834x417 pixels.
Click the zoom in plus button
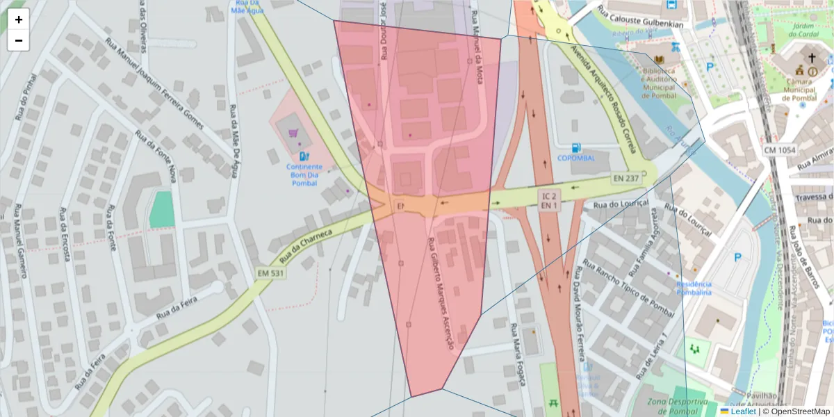pos(19,19)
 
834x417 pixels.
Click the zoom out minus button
pos(19,40)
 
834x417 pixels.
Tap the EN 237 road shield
pos(626,178)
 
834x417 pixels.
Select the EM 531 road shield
pos(270,273)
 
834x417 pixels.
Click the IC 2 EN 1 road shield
pos(548,201)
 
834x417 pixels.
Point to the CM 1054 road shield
pos(779,150)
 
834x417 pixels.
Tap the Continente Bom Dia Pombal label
pos(304,175)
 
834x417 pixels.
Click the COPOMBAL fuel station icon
pos(575,147)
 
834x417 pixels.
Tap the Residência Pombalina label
pos(694,288)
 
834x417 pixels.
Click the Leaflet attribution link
pos(742,411)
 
